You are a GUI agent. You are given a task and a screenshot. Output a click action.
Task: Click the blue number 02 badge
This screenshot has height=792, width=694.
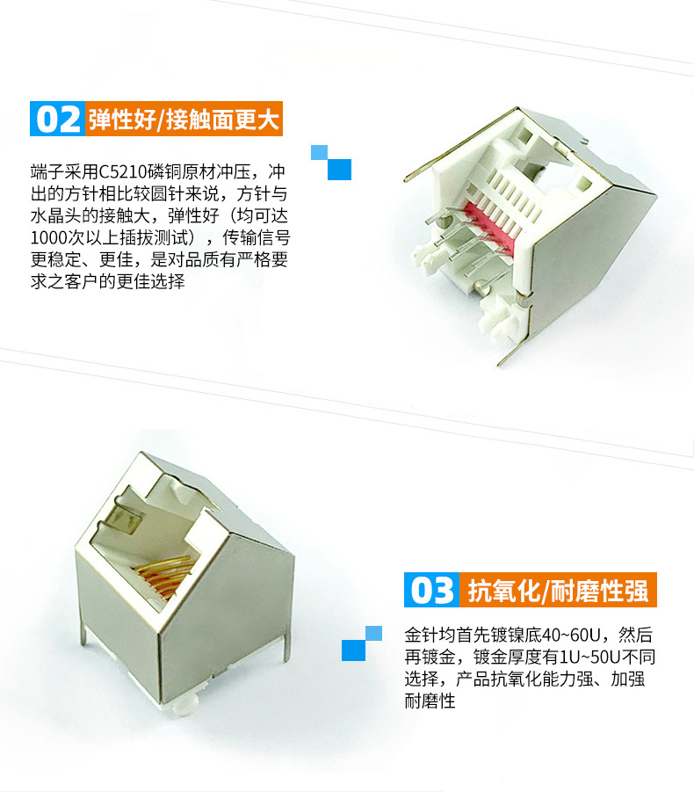click(x=57, y=119)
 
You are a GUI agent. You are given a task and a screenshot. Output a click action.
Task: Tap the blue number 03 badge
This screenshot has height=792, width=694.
click(x=431, y=590)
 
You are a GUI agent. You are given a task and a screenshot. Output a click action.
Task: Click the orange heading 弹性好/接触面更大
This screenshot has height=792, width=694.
click(x=184, y=119)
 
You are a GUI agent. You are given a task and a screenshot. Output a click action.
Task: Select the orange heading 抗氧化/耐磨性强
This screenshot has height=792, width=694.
click(x=558, y=590)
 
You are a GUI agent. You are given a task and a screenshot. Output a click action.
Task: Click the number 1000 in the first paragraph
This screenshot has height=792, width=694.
click(x=49, y=237)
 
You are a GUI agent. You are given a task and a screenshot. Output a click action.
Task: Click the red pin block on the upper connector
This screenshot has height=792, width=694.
click(x=487, y=226)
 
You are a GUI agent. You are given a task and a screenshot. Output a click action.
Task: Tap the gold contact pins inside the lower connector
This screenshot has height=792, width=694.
click(x=165, y=573)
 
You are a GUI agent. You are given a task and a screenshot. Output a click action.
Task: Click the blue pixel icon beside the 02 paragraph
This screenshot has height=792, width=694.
click(x=331, y=163)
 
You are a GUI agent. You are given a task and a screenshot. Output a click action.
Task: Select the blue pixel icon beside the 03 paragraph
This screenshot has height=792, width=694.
click(x=362, y=643)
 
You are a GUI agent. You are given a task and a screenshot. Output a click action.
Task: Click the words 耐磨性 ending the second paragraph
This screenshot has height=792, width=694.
click(x=430, y=701)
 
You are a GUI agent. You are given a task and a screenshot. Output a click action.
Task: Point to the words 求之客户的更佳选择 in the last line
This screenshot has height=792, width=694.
click(x=107, y=281)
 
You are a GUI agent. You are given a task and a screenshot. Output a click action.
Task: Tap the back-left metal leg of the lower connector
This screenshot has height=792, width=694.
click(x=83, y=634)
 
